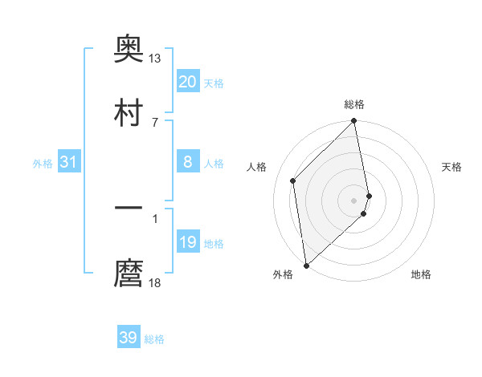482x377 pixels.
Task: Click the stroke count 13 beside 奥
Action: pos(155,59)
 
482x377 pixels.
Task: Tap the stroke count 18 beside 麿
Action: pos(155,282)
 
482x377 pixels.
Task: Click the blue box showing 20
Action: pos(188,82)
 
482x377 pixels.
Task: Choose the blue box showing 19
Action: pos(188,243)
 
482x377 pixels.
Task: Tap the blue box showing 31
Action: pos(68,163)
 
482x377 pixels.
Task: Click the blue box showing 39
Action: pos(129,338)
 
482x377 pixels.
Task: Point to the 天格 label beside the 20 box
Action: pos(214,83)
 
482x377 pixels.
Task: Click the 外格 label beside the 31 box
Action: pos(43,164)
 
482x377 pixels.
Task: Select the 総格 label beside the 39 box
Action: pos(154,339)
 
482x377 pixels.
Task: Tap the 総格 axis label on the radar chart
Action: pos(354,104)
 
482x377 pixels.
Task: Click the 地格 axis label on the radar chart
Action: pos(421,275)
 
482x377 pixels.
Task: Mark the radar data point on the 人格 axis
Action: pos(293,180)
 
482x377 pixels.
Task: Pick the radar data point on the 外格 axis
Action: pos(306,265)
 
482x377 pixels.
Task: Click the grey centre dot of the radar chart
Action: pos(354,200)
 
